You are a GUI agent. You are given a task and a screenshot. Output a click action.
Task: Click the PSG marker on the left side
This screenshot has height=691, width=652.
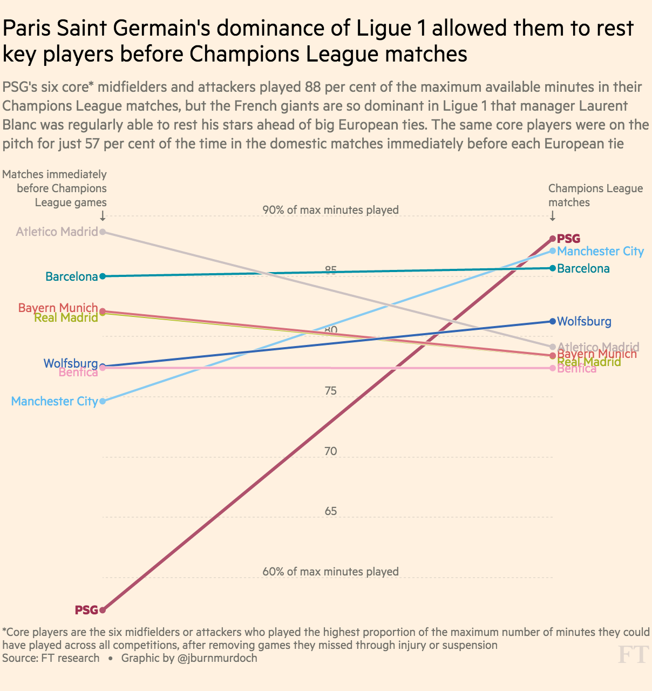pyautogui.click(x=103, y=610)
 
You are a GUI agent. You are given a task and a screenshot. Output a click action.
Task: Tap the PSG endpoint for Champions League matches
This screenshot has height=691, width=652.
pyautogui.click(x=553, y=239)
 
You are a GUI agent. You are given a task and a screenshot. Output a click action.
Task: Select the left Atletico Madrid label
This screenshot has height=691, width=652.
pyautogui.click(x=57, y=232)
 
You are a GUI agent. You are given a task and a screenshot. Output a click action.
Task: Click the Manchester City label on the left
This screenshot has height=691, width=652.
pyautogui.click(x=55, y=401)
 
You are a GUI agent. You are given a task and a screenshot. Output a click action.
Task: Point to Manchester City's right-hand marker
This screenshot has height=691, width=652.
pyautogui.click(x=553, y=250)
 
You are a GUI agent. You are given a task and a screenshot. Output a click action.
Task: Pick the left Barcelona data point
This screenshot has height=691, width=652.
pyautogui.click(x=103, y=276)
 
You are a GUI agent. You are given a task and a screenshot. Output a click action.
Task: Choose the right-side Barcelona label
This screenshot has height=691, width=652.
pyautogui.click(x=583, y=268)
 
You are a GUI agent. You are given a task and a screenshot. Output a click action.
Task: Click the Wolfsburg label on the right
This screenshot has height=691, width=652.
pyautogui.click(x=584, y=321)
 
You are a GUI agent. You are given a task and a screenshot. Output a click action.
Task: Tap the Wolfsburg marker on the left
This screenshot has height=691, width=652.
pyautogui.click(x=103, y=366)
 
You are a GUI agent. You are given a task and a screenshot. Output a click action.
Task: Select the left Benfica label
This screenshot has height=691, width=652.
pyautogui.click(x=78, y=372)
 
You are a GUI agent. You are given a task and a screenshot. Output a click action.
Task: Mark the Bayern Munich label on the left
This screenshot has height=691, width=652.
pyautogui.click(x=58, y=308)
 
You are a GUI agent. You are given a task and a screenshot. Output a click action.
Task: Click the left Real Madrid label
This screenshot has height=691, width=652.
pyautogui.click(x=66, y=317)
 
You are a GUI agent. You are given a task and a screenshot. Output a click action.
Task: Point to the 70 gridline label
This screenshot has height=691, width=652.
pyautogui.click(x=331, y=451)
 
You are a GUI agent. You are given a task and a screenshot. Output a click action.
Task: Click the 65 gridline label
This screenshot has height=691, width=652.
pyautogui.click(x=331, y=511)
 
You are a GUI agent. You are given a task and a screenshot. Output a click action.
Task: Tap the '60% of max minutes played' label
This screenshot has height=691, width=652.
pyautogui.click(x=330, y=572)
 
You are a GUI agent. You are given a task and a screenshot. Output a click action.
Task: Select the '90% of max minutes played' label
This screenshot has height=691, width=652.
pyautogui.click(x=330, y=209)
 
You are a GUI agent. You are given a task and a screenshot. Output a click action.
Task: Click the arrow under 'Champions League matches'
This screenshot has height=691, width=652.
pyautogui.click(x=552, y=216)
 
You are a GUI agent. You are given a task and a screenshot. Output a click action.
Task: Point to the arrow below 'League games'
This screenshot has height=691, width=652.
pyautogui.click(x=103, y=216)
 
